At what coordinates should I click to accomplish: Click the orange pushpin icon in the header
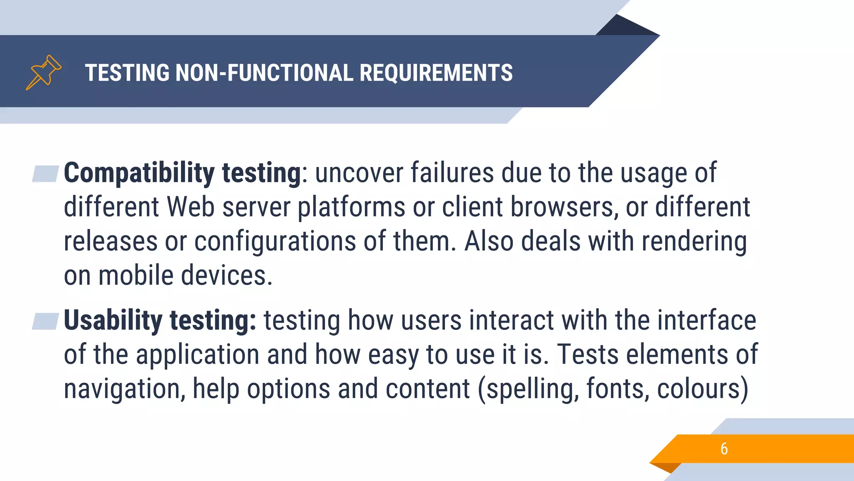pyautogui.click(x=43, y=72)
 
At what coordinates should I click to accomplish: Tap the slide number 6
pyautogui.click(x=724, y=449)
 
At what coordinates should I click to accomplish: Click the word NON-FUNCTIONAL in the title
pyautogui.click(x=264, y=73)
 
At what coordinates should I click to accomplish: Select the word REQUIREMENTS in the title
pyautogui.click(x=436, y=73)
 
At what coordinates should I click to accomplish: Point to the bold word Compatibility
pyautogui.click(x=139, y=173)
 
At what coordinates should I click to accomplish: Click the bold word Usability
pyautogui.click(x=113, y=320)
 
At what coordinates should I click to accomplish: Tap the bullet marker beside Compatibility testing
pyautogui.click(x=46, y=174)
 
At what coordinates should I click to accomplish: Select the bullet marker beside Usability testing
pyautogui.click(x=46, y=321)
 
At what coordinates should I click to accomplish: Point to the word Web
pyautogui.click(x=191, y=207)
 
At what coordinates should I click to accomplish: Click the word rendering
pyautogui.click(x=694, y=242)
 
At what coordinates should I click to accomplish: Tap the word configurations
pyautogui.click(x=275, y=242)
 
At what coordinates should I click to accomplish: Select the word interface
pyautogui.click(x=707, y=320)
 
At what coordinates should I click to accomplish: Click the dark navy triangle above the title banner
pyautogui.click(x=625, y=26)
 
